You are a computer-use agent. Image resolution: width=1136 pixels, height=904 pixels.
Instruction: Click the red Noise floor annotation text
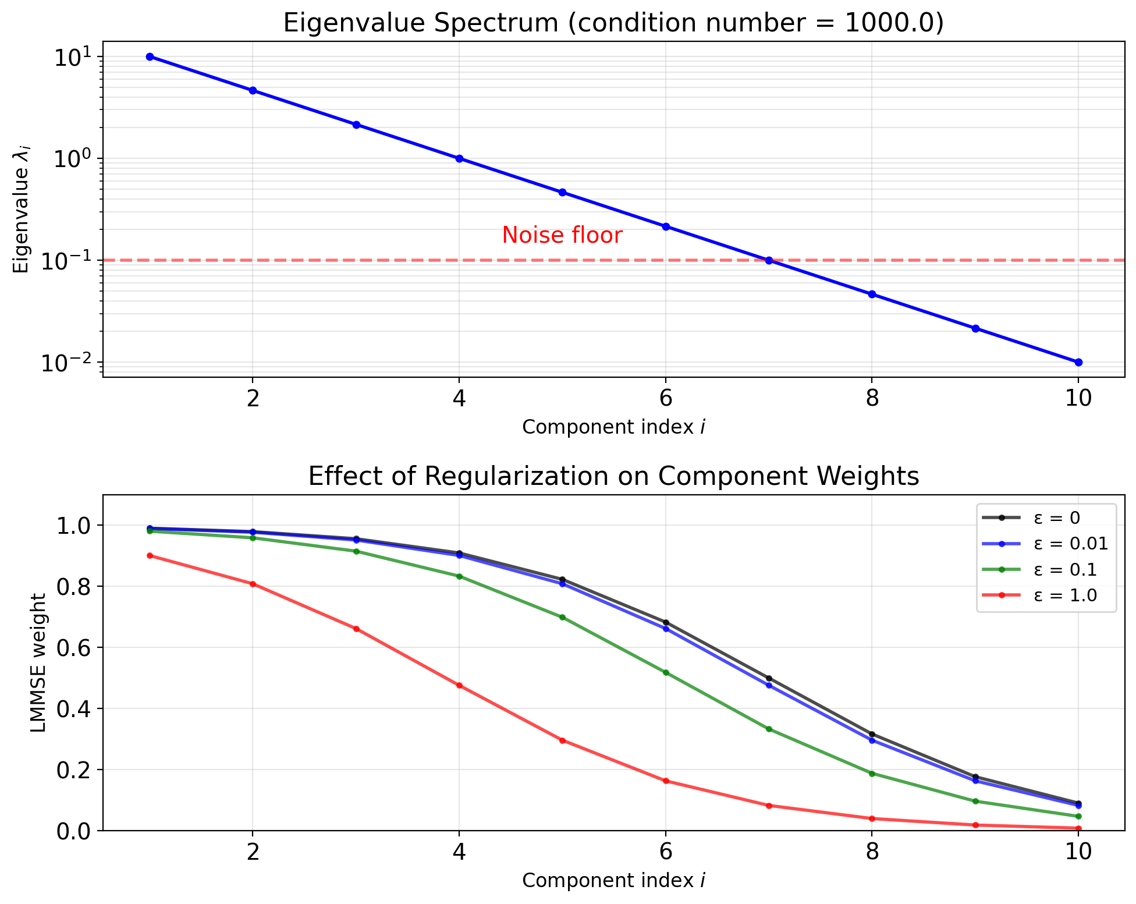(562, 235)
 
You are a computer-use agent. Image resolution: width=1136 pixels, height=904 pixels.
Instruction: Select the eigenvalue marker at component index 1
(150, 56)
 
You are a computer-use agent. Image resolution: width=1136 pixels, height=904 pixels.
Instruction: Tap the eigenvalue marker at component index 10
(1078, 362)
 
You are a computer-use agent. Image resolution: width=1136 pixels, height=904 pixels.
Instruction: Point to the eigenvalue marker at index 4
(459, 158)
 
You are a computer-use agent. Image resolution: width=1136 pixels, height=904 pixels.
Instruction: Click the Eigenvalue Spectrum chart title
(613, 23)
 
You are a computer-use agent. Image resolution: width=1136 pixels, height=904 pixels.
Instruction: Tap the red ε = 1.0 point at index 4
(459, 685)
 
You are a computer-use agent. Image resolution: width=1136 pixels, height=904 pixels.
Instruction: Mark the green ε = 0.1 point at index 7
(769, 729)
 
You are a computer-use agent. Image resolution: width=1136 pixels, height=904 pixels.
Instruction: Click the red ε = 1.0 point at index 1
(150, 555)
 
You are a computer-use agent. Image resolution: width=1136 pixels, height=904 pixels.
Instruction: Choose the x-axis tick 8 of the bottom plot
(872, 852)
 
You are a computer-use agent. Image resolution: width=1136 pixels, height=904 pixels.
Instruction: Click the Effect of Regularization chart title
(613, 476)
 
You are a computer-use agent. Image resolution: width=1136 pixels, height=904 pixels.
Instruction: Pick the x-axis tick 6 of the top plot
(666, 399)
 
